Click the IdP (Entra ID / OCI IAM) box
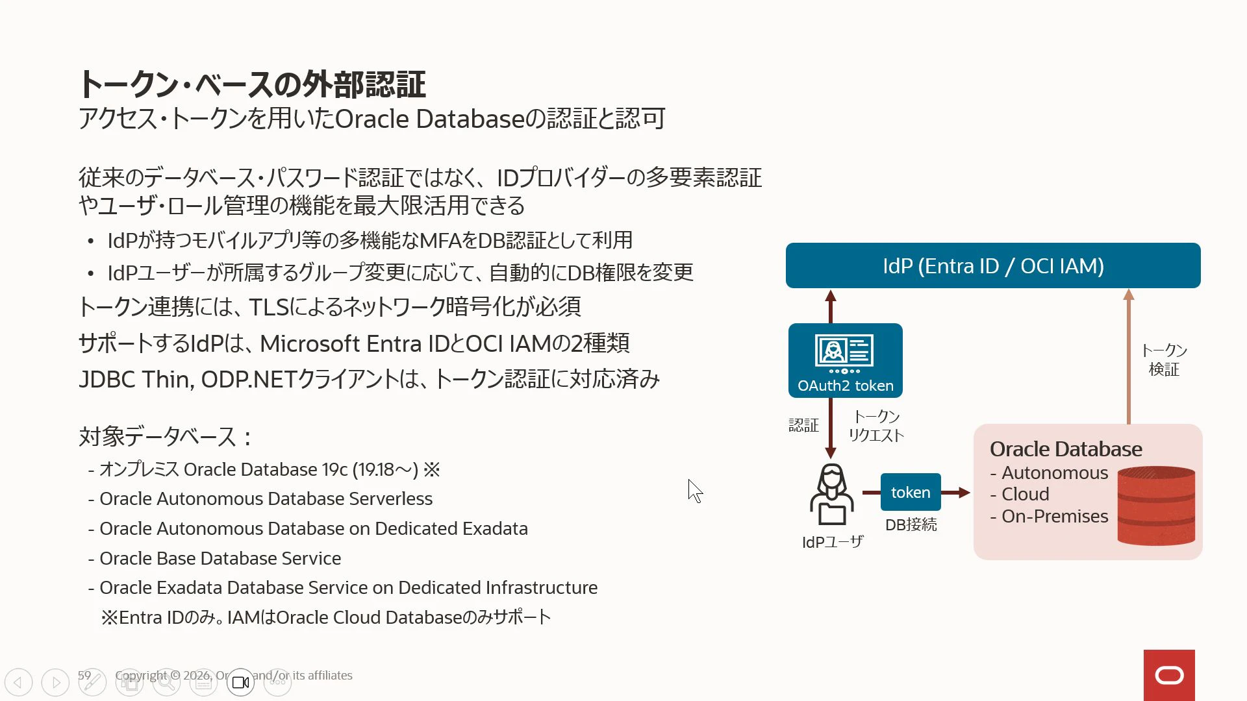pyautogui.click(x=993, y=265)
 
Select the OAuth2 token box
pyautogui.click(x=846, y=360)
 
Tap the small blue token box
pyautogui.click(x=911, y=492)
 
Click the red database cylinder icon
pyautogui.click(x=1156, y=506)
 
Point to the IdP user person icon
pyautogui.click(x=832, y=495)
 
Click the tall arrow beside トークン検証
pyautogui.click(x=1129, y=356)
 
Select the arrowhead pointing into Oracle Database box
pyautogui.click(x=964, y=493)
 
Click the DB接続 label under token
pyautogui.click(x=911, y=524)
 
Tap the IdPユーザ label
pyautogui.click(x=833, y=542)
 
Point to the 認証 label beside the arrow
pyautogui.click(x=803, y=425)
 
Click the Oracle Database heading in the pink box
pyautogui.click(x=1066, y=449)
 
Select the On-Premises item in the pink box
pyautogui.click(x=1055, y=516)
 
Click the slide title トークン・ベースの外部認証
pyautogui.click(x=252, y=84)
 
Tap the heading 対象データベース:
pyautogui.click(x=166, y=436)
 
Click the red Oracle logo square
pyautogui.click(x=1169, y=675)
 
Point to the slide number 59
pyautogui.click(x=84, y=675)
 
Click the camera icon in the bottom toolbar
pyautogui.click(x=240, y=682)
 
